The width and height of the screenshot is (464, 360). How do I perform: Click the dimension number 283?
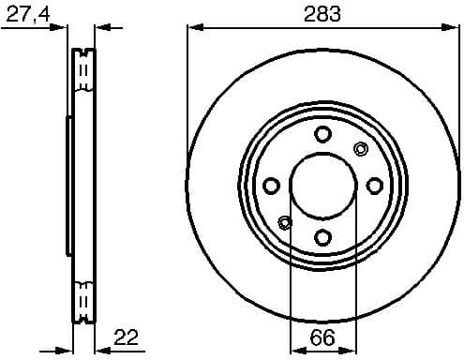pos(322,13)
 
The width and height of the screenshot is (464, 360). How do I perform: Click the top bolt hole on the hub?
pos(322,134)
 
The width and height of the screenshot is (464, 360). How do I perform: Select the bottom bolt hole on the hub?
pos(322,236)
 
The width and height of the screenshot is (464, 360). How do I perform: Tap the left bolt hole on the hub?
pos(272,185)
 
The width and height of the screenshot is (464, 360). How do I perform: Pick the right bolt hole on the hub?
pos(374,185)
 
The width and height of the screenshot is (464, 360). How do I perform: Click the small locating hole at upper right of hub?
pos(359,148)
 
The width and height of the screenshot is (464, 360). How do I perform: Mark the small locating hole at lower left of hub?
pos(286,222)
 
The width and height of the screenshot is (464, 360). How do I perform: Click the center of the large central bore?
pos(322,185)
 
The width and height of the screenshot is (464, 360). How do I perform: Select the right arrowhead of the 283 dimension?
pos(451,28)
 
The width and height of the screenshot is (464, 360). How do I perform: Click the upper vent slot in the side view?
pos(83,69)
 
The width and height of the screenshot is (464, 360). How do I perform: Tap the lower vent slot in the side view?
pos(83,301)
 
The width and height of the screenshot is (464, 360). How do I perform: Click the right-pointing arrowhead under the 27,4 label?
pos(63,28)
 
